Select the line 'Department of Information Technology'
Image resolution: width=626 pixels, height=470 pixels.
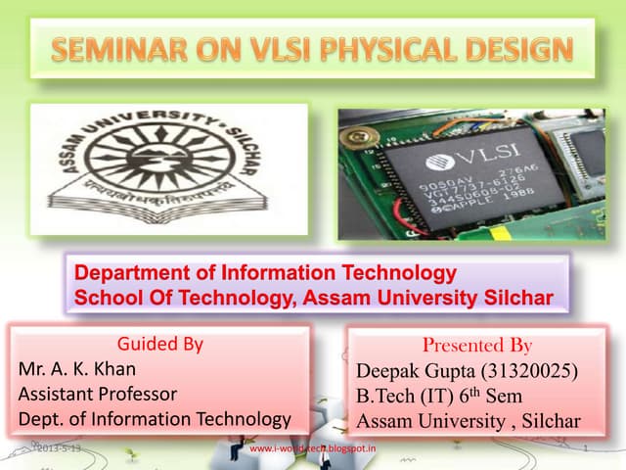click(x=266, y=271)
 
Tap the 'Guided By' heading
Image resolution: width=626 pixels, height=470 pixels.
click(x=160, y=345)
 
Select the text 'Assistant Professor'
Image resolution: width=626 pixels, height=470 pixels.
click(x=98, y=395)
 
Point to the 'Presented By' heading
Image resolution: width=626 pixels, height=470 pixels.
click(x=476, y=346)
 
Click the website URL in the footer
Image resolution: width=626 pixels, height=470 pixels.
click(x=314, y=448)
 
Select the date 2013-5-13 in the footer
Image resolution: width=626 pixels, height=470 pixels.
click(x=59, y=448)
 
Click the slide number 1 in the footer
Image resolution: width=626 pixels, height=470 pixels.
click(x=584, y=449)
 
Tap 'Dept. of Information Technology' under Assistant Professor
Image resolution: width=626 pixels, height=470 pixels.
click(x=155, y=420)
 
